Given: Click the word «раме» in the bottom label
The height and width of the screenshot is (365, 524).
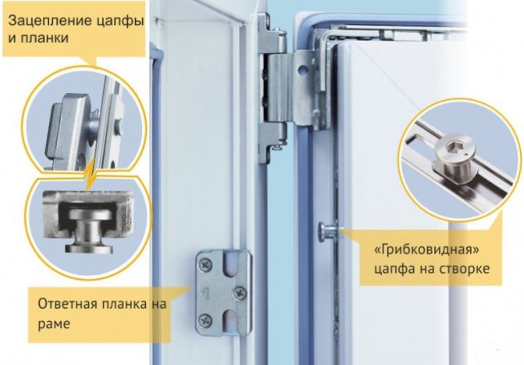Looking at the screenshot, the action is pyautogui.click(x=54, y=324).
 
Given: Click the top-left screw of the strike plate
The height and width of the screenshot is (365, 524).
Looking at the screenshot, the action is pyautogui.click(x=205, y=265).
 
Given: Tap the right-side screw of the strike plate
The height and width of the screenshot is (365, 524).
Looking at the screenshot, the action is pyautogui.click(x=241, y=293).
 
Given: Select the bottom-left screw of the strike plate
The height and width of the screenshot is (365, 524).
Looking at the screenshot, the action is pyautogui.click(x=205, y=321).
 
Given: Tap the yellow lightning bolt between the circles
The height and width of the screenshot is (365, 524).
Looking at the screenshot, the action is pyautogui.click(x=90, y=174).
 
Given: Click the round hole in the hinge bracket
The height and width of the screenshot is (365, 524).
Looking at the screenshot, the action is pyautogui.click(x=303, y=70).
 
